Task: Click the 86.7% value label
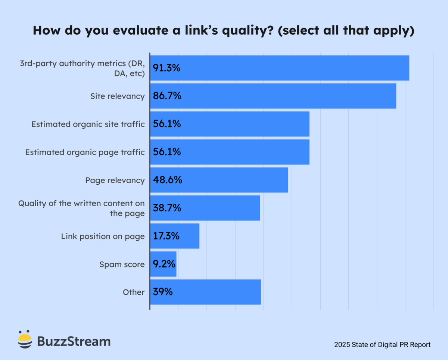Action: (167, 96)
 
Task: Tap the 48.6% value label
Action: (167, 180)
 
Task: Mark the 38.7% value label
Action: (167, 208)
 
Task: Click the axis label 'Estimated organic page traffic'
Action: (85, 152)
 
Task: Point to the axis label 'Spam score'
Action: (122, 264)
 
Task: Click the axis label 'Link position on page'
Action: (103, 237)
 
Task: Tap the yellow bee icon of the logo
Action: (25, 339)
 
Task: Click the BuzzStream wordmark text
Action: (74, 341)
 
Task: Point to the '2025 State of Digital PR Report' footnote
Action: (382, 345)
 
